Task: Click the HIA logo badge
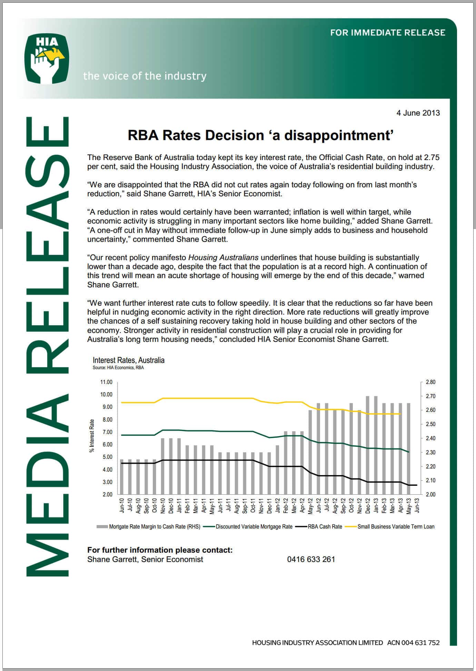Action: click(x=47, y=58)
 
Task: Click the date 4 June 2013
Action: click(x=418, y=113)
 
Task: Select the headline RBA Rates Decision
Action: click(x=260, y=135)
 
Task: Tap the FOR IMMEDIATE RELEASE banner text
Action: click(x=388, y=33)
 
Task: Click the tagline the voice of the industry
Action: click(x=145, y=76)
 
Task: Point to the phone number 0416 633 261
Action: click(x=311, y=559)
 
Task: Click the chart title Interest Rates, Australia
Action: click(x=128, y=360)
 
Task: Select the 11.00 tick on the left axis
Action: click(x=106, y=382)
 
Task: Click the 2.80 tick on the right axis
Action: click(x=430, y=382)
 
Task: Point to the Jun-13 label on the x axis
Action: click(x=417, y=505)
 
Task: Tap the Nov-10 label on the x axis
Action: click(x=163, y=505)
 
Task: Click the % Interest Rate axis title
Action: click(x=92, y=435)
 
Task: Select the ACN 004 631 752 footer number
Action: click(x=413, y=642)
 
